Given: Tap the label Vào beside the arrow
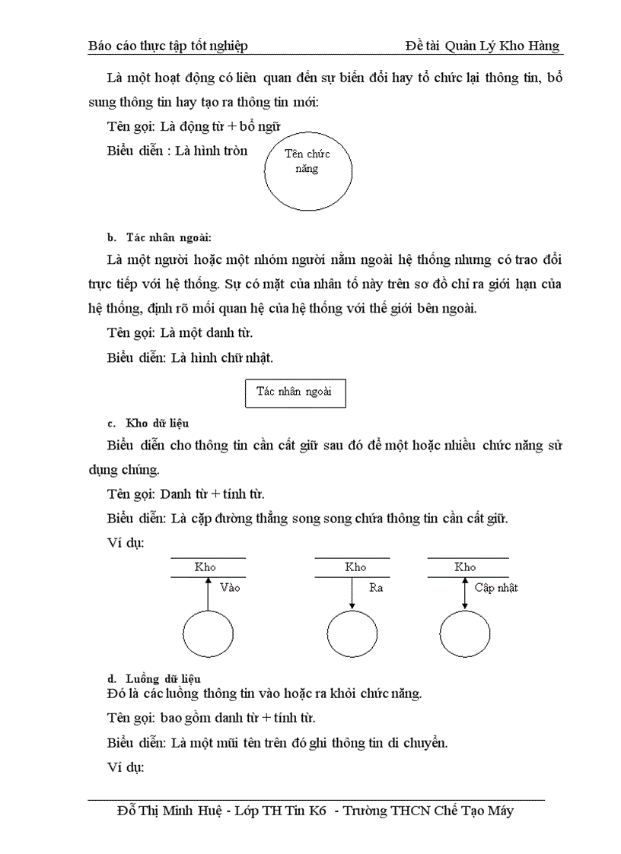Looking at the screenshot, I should (x=229, y=587).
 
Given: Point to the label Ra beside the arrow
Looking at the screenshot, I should (x=376, y=587).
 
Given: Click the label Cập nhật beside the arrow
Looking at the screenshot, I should (x=495, y=587).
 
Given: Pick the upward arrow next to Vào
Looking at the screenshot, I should (x=208, y=593).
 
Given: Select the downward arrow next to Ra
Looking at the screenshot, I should (x=352, y=593).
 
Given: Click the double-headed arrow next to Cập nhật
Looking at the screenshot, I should (x=465, y=593).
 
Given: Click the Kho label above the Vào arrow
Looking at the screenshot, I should (x=205, y=567).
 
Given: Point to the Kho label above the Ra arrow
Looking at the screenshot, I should (x=355, y=567).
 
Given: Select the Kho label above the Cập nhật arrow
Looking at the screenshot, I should (x=465, y=567).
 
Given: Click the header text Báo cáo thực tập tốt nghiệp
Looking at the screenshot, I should (x=168, y=46).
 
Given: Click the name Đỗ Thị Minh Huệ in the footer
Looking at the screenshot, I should (x=171, y=811).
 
